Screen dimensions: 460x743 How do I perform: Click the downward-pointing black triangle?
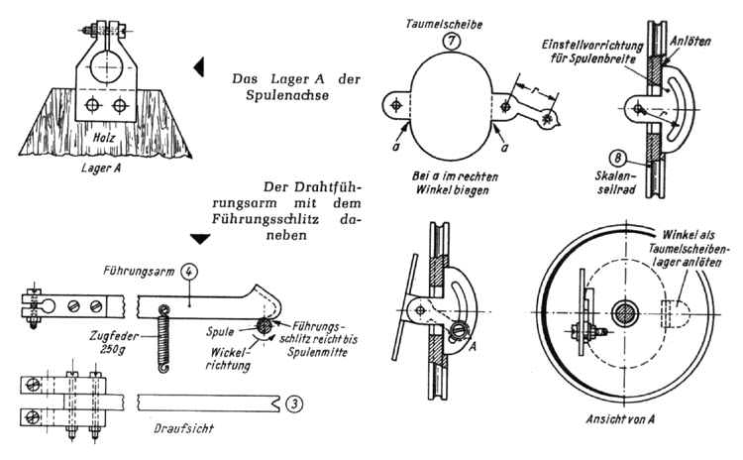click(x=198, y=239)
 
